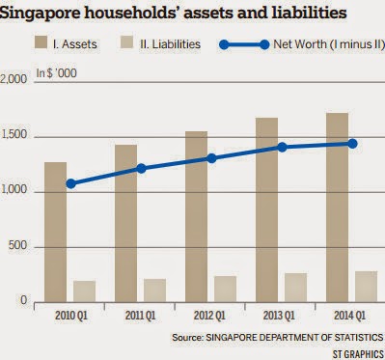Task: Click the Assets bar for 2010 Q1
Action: pyautogui.click(x=56, y=232)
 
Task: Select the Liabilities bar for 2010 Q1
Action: pyautogui.click(x=84, y=291)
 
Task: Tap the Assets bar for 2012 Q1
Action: pyautogui.click(x=196, y=216)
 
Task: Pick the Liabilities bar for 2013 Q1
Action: pyautogui.click(x=295, y=288)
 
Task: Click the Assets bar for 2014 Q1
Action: pyautogui.click(x=337, y=208)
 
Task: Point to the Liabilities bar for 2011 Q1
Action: pyautogui.click(x=154, y=291)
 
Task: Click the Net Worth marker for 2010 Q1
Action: pyautogui.click(x=70, y=183)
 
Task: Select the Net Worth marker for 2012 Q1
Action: pyautogui.click(x=211, y=158)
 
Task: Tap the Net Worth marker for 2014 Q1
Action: pyautogui.click(x=352, y=144)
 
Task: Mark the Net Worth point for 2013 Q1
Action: pyautogui.click(x=282, y=147)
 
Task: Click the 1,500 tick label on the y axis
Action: pyautogui.click(x=14, y=135)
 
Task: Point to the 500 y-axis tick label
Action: pyautogui.click(x=17, y=245)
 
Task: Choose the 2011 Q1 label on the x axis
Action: pyautogui.click(x=140, y=316)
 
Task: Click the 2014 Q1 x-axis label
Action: pyautogui.click(x=349, y=316)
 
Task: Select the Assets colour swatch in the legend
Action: pyautogui.click(x=41, y=42)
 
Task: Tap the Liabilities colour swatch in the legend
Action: pyautogui.click(x=126, y=42)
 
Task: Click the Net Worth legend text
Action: pyautogui.click(x=329, y=44)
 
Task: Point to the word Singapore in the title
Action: pyautogui.click(x=39, y=13)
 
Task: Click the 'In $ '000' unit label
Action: pyautogui.click(x=57, y=73)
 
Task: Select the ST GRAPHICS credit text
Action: pyautogui.click(x=358, y=354)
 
